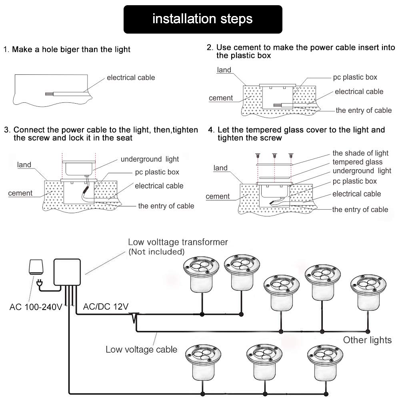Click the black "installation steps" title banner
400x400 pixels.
point(202,19)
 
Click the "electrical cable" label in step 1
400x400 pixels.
point(130,78)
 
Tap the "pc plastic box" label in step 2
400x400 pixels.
point(355,77)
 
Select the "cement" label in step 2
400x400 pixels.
point(221,98)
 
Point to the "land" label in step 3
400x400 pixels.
point(24,165)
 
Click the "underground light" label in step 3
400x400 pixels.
point(150,159)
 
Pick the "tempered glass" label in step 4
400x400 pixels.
point(357,162)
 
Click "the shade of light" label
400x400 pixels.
point(360,153)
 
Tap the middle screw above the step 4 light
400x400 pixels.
point(275,156)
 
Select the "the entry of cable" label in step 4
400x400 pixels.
point(360,210)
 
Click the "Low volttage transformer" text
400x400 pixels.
point(178,242)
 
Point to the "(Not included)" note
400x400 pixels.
point(156,252)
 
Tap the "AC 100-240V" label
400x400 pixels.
point(35,308)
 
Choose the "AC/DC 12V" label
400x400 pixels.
point(106,307)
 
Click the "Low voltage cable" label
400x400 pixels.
point(141,350)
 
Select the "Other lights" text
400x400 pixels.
point(367,340)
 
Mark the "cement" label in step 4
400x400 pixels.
point(218,196)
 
